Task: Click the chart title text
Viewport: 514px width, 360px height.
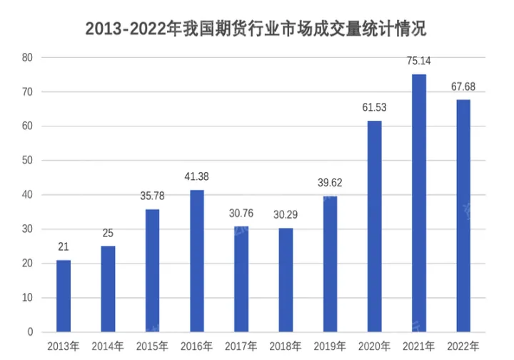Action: [x=256, y=29]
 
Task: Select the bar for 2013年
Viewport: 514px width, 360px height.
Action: [x=64, y=296]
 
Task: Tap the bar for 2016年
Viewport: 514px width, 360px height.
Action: [x=197, y=261]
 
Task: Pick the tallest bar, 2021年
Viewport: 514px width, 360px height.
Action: [x=419, y=203]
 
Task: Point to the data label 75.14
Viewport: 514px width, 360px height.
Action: [x=419, y=61]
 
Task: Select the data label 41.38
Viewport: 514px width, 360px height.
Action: [x=197, y=176]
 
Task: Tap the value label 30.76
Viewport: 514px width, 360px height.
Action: [x=241, y=213]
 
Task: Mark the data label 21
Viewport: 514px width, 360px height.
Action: [x=64, y=247]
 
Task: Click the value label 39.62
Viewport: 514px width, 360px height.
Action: [x=330, y=183]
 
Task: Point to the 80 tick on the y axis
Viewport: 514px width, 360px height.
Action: [x=27, y=57]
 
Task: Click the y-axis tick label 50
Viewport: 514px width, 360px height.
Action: [x=27, y=161]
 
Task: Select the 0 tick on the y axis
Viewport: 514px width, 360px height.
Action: [x=30, y=332]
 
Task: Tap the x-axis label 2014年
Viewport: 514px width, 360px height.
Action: [x=108, y=346]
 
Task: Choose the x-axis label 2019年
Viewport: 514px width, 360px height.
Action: [x=330, y=346]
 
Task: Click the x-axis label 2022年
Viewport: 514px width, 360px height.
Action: [x=463, y=346]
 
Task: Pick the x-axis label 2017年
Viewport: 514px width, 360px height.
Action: [x=241, y=346]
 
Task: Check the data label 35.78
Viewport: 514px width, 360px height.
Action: [x=153, y=196]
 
